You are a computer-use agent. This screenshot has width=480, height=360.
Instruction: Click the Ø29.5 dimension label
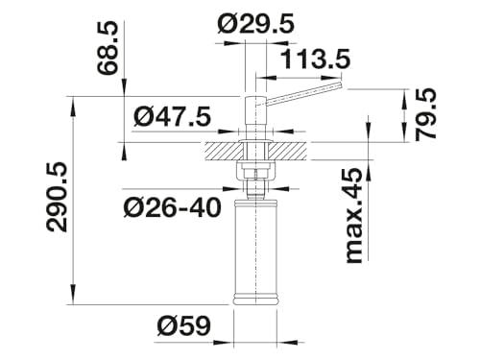coord(255,24)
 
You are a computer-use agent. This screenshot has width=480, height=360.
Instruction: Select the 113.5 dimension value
coord(315,60)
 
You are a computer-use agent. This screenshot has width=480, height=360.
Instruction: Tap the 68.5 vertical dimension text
coord(108,49)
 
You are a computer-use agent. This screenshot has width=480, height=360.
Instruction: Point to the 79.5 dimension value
coord(425,114)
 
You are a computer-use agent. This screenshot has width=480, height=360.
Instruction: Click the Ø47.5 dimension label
coord(173,116)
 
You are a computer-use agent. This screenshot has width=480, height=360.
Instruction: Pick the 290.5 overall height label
coord(57,197)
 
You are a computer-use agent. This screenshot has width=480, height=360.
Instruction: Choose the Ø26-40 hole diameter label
coord(173,207)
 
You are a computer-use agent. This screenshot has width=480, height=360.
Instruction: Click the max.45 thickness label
coord(355,215)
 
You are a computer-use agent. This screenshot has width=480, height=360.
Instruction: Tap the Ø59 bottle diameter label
coord(183,326)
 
